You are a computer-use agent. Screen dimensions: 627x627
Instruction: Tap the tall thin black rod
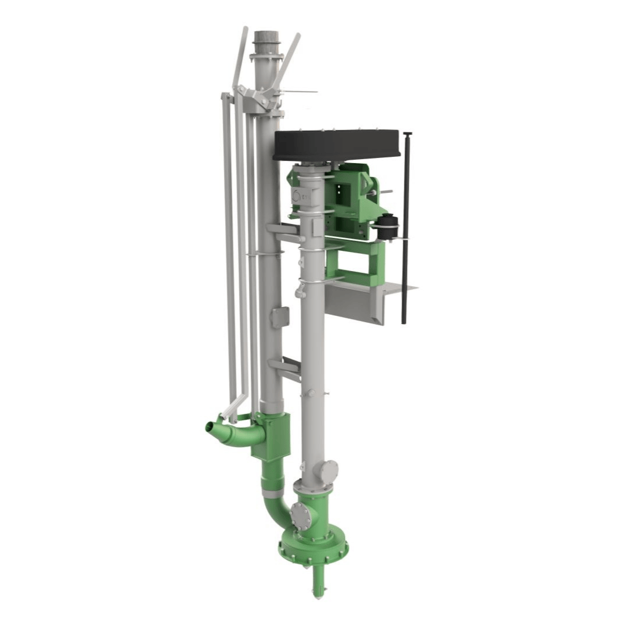pos(406,232)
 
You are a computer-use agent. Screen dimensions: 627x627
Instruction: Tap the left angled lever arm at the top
pos(240,58)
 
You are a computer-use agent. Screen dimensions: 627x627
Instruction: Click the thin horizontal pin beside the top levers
pos(299,92)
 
